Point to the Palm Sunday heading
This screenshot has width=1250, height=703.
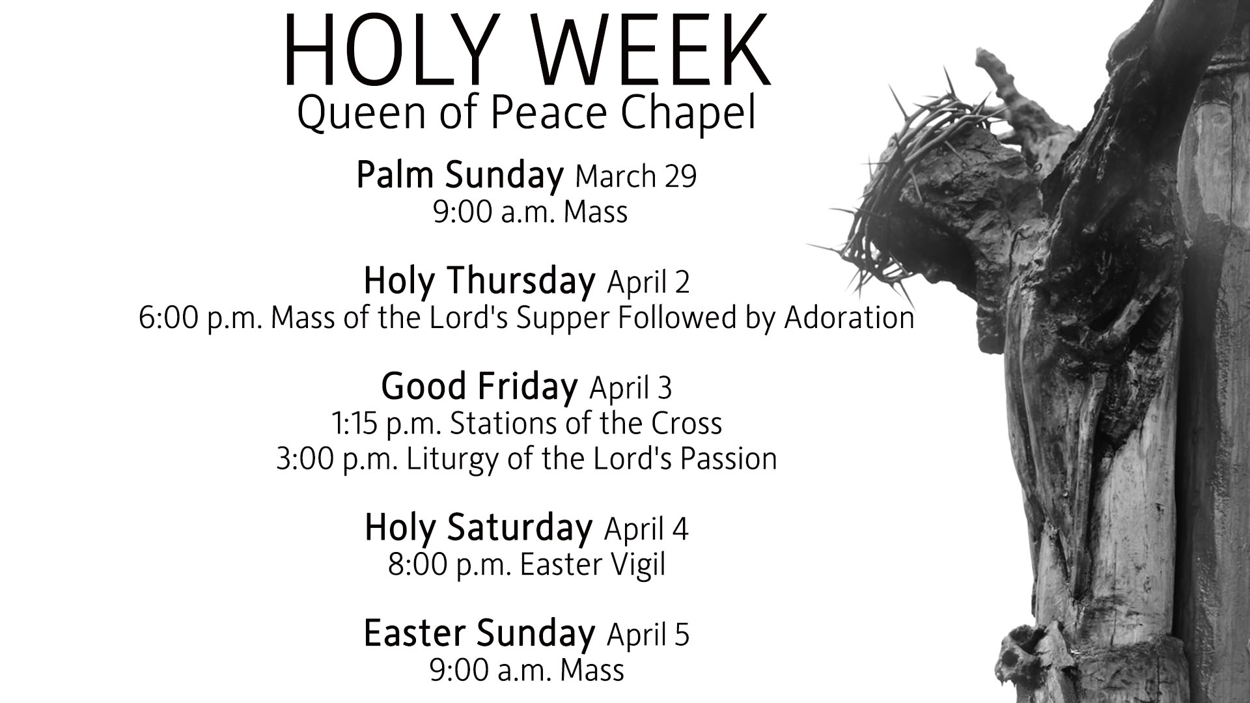pyautogui.click(x=460, y=175)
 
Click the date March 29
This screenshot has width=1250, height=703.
pyautogui.click(x=636, y=176)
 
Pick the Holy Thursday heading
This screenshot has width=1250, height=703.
pyautogui.click(x=479, y=281)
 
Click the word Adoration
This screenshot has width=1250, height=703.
pyautogui.click(x=849, y=317)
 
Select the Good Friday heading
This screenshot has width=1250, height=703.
pyautogui.click(x=479, y=386)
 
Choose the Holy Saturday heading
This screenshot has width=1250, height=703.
pyautogui.click(x=479, y=527)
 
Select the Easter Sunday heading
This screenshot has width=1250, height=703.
pyautogui.click(x=479, y=633)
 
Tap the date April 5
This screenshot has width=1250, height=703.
pyautogui.click(x=648, y=634)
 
